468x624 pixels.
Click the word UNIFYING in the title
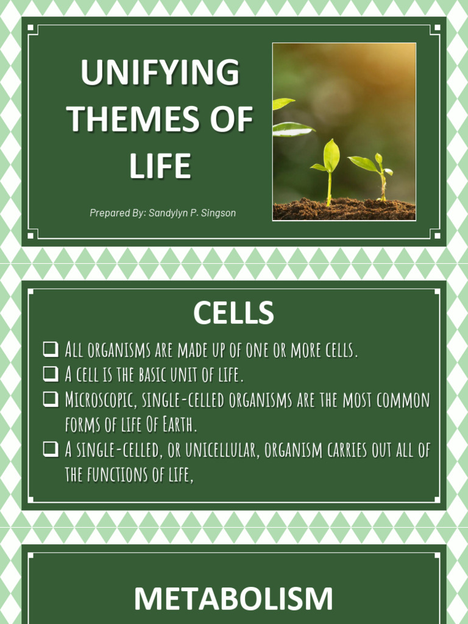pyautogui.click(x=160, y=73)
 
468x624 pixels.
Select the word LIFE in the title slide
pyautogui.click(x=160, y=166)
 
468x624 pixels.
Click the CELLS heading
pyautogui.click(x=233, y=313)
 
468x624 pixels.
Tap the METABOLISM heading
pyautogui.click(x=233, y=598)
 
